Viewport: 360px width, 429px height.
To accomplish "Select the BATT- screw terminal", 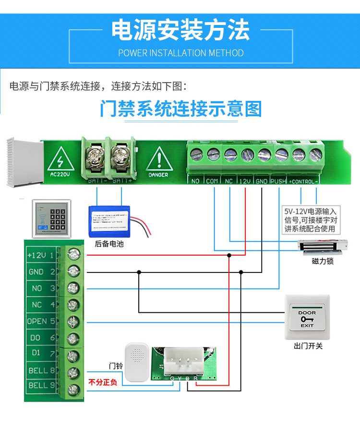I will pyautogui.click(x=96, y=156).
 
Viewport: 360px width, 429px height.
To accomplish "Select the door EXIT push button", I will pyautogui.click(x=307, y=317).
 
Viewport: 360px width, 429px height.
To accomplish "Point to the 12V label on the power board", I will pyautogui.click(x=245, y=182).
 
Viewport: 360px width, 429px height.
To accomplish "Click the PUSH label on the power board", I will pyautogui.click(x=278, y=182).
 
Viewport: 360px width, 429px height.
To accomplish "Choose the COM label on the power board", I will pyautogui.click(x=212, y=182).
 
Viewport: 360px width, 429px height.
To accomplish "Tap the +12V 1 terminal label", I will pyautogui.click(x=41, y=255).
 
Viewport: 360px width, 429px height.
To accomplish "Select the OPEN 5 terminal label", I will pyautogui.click(x=41, y=321).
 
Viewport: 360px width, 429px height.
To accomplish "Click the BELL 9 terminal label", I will pyautogui.click(x=41, y=385).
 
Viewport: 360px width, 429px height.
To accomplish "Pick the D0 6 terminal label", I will pyautogui.click(x=41, y=338).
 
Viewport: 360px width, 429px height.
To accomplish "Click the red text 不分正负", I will pyautogui.click(x=103, y=383).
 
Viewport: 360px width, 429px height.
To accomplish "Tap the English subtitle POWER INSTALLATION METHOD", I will pyautogui.click(x=180, y=53).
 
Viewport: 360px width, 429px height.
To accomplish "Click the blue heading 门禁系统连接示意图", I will pyautogui.click(x=180, y=109).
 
